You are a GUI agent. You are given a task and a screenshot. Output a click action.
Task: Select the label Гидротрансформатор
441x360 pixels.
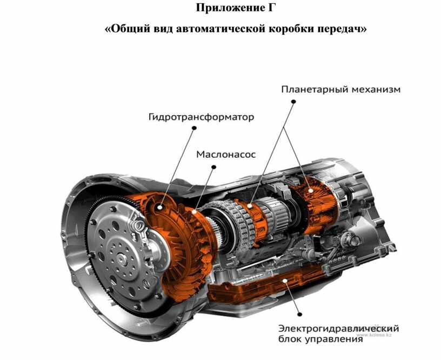tap(202, 117)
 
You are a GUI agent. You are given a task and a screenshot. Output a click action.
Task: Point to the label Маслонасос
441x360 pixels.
tap(226, 154)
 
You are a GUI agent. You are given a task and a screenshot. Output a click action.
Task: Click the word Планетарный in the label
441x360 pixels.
tap(313, 89)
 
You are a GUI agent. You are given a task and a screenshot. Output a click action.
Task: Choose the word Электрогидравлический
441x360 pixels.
tap(338, 329)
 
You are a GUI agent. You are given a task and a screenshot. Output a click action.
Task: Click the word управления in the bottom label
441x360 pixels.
tap(334, 339)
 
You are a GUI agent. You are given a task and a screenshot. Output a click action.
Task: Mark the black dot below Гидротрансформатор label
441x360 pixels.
tap(194, 128)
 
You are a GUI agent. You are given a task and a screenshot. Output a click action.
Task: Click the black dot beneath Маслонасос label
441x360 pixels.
tap(214, 167)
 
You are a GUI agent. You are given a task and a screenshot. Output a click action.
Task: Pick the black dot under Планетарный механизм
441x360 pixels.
tap(293, 102)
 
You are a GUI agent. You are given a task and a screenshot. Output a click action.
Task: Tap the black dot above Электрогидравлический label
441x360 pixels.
tap(300, 314)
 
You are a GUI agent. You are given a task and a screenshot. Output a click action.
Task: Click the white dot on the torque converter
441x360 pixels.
tap(160, 208)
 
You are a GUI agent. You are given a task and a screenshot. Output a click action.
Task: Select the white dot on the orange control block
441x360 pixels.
tap(285, 281)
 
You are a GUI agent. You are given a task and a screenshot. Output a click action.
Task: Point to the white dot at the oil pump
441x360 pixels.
tap(195, 211)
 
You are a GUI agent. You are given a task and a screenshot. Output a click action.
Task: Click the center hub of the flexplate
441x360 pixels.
tap(122, 257)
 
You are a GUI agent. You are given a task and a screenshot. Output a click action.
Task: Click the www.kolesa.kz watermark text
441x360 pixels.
tap(374, 335)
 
